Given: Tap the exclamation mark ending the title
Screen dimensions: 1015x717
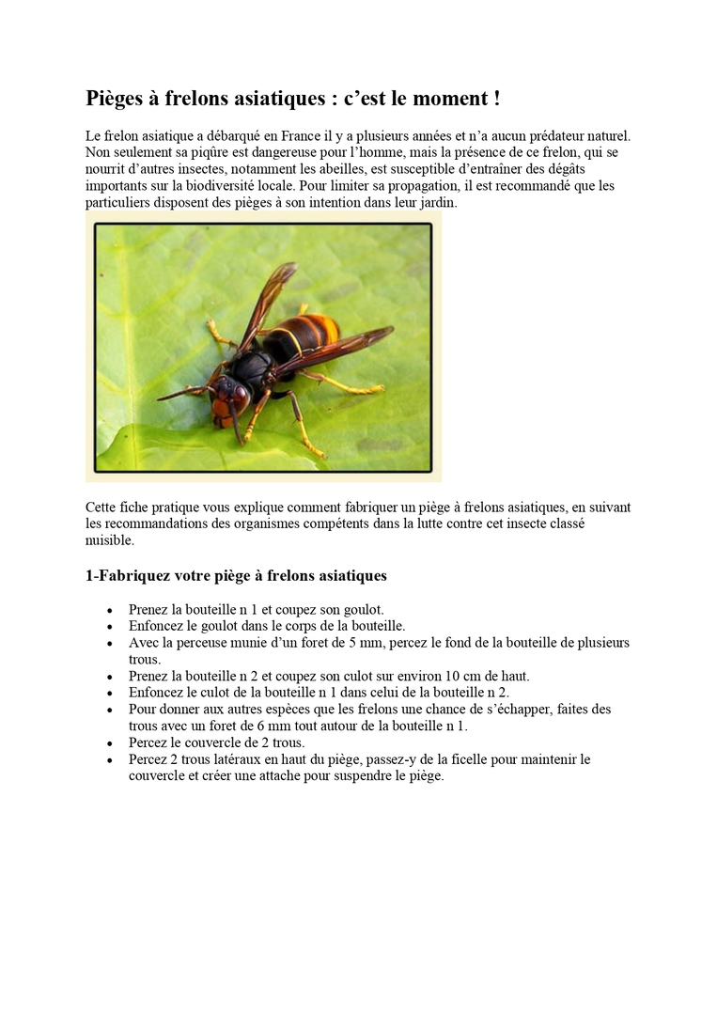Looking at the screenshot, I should pos(495,99).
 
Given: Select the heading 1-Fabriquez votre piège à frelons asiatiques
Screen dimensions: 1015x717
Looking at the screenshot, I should pos(236,575).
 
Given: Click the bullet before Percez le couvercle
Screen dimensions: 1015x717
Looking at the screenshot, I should pos(112,743).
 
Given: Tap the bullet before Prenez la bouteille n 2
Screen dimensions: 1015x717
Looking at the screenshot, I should pos(112,677).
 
